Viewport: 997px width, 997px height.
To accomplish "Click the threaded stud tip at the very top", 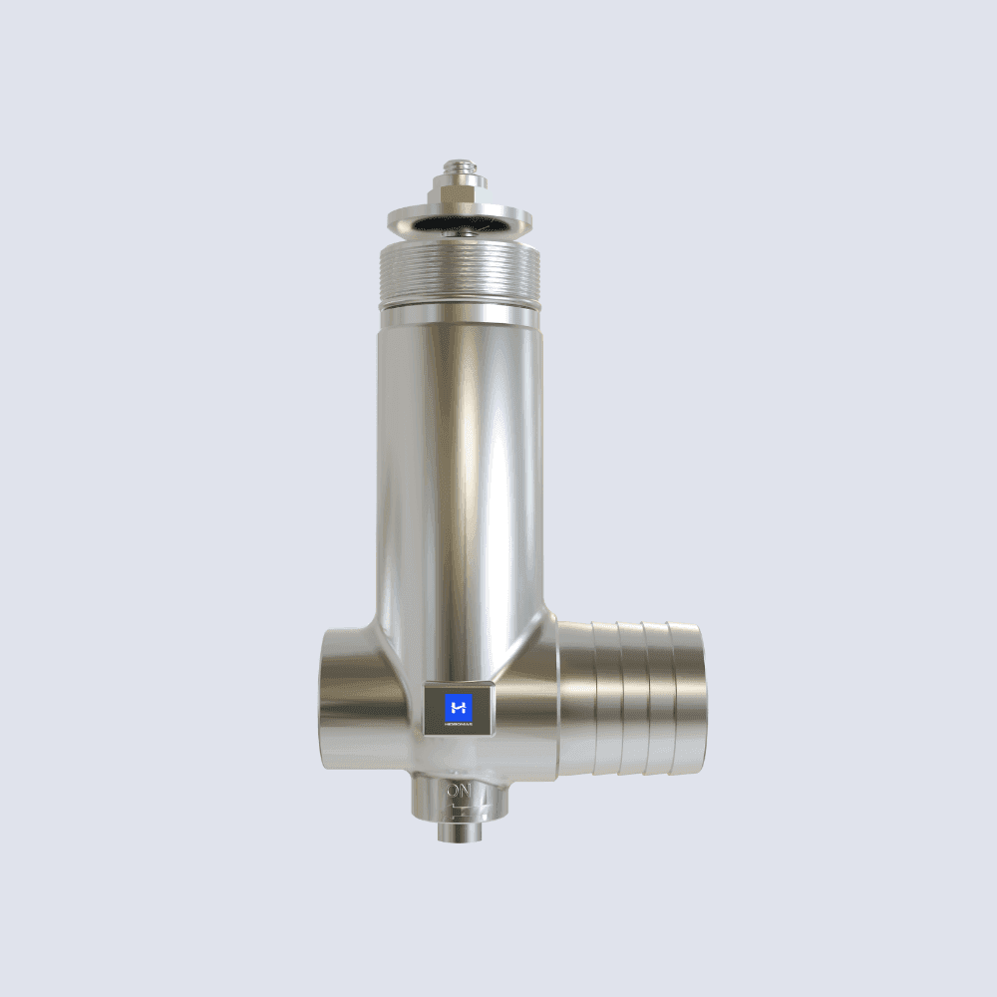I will (x=460, y=162).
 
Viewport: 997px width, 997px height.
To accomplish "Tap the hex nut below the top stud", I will (x=460, y=187).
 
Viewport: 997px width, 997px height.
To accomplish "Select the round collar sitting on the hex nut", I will (x=460, y=174).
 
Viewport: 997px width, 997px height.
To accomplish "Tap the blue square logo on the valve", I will (x=459, y=706).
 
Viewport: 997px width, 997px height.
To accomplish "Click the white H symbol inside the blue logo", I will (x=459, y=706).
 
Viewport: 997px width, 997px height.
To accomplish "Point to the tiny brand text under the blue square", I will (x=459, y=726).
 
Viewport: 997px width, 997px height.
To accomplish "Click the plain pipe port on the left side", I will (x=354, y=698).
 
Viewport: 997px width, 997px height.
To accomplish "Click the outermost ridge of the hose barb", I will (x=687, y=698).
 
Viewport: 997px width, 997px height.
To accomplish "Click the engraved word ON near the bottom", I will (x=459, y=792).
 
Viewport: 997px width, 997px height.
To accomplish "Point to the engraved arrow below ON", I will (x=461, y=809).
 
